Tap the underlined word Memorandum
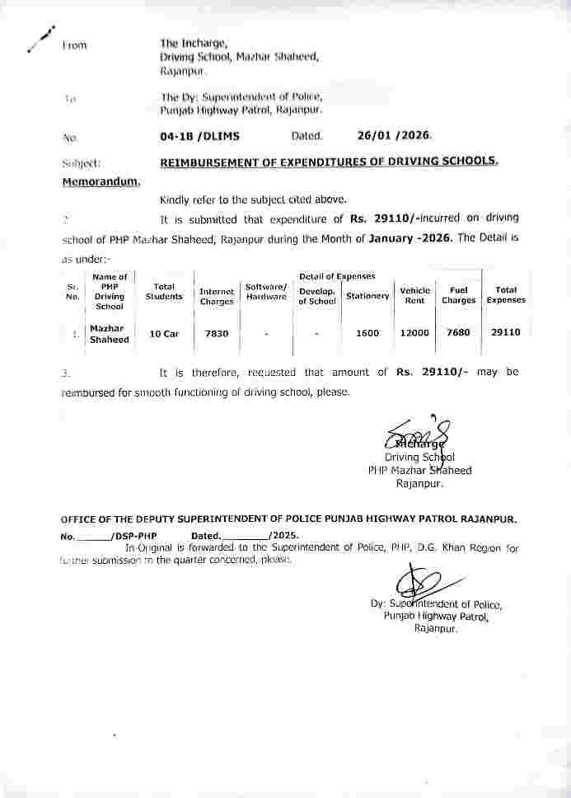point(102,181)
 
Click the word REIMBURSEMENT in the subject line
point(209,162)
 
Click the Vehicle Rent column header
point(414,295)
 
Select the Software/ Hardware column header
point(266,291)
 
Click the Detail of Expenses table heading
point(337,276)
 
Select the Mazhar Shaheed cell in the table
point(109,333)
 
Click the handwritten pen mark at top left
point(39,37)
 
